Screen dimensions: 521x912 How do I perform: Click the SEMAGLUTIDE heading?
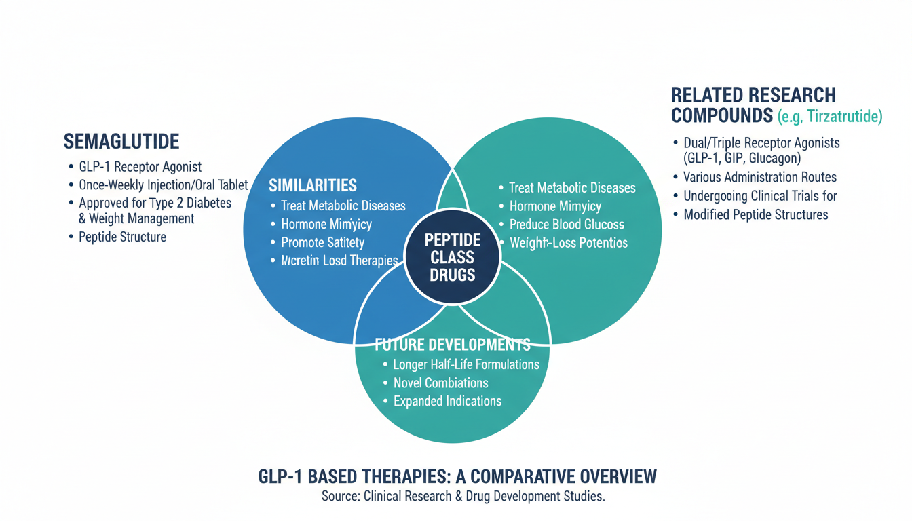point(121,141)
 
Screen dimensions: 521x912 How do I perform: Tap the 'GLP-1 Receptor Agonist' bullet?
point(140,167)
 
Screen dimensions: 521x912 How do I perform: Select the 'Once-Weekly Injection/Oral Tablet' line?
point(163,185)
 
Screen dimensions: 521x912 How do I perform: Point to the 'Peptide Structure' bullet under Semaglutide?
point(122,237)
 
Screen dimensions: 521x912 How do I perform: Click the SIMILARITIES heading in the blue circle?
point(313,185)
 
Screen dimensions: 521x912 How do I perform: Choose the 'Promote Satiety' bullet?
point(322,242)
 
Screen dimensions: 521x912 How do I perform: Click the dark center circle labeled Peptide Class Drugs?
point(452,257)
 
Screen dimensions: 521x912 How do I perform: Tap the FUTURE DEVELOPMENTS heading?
point(453,344)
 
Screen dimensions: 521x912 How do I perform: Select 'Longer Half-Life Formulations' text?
point(466,364)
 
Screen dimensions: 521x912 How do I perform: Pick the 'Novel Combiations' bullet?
point(440,383)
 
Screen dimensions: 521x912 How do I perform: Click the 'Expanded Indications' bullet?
point(447,401)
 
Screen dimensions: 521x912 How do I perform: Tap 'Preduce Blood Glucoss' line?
point(567,224)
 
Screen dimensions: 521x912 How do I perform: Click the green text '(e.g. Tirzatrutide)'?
point(829,117)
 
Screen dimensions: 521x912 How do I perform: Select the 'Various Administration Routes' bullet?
point(759,177)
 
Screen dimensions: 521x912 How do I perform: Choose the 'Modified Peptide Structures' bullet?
point(755,214)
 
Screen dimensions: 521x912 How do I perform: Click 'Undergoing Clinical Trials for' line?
point(760,196)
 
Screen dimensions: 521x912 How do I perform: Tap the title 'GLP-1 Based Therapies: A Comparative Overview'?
point(457,476)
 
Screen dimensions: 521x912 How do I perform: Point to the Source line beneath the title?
point(463,496)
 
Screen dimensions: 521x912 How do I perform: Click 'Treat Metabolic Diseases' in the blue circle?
point(343,206)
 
